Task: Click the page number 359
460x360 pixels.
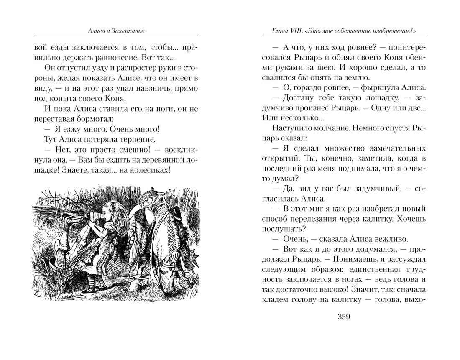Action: [343, 316]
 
